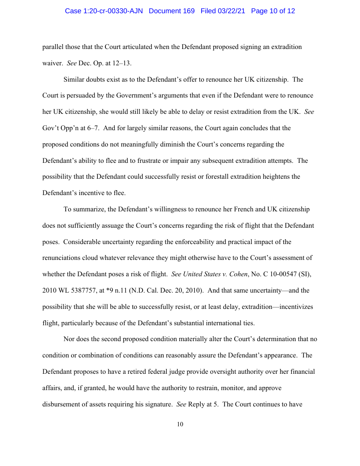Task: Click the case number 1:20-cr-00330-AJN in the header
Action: click(104, 11)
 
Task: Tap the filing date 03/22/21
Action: click(232, 11)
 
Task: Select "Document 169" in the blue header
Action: click(172, 11)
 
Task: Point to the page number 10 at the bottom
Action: click(180, 425)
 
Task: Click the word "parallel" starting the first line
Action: click(52, 47)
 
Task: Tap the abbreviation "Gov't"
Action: click(51, 128)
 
